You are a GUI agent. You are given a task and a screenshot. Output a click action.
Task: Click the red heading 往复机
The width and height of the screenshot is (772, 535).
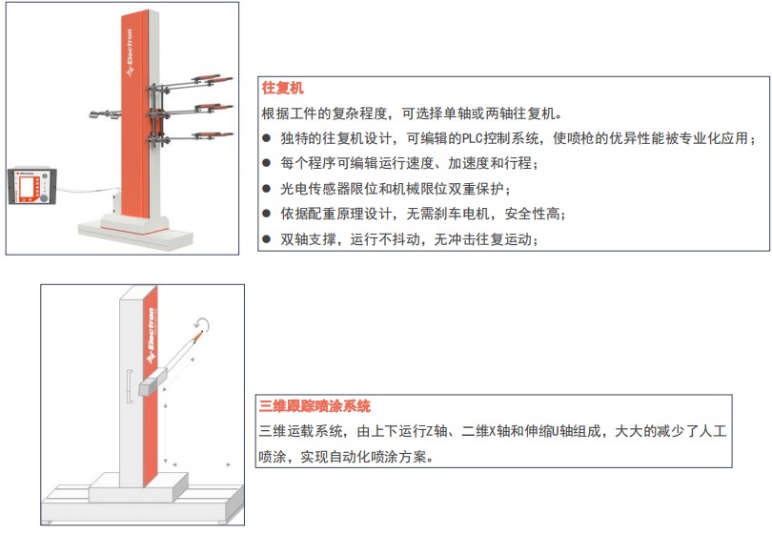point(282,88)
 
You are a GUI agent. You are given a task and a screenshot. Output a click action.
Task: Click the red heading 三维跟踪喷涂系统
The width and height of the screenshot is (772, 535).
point(315,406)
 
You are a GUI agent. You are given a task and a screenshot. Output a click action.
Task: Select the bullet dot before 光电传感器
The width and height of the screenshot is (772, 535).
point(266,188)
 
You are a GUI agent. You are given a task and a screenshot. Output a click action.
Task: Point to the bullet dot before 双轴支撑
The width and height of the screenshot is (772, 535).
point(266,239)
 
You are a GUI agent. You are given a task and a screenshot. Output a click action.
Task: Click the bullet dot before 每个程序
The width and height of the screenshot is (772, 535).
point(266,162)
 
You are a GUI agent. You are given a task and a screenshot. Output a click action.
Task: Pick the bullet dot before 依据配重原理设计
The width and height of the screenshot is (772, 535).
point(266,214)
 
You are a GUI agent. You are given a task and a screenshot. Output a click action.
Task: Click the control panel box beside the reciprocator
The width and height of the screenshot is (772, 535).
point(32,186)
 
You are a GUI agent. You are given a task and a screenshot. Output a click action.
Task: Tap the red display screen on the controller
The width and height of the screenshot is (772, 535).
point(26,187)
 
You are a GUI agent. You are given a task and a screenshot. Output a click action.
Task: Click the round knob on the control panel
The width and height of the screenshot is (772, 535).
point(44,197)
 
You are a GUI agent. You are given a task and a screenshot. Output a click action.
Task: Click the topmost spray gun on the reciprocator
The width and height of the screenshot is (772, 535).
point(213,79)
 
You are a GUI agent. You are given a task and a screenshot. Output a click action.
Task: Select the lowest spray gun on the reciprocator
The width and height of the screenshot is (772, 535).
point(213,135)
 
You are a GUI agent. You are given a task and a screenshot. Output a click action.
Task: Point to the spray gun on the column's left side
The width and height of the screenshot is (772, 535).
point(105,114)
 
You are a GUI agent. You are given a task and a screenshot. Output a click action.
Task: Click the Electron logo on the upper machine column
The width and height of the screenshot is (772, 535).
point(130,52)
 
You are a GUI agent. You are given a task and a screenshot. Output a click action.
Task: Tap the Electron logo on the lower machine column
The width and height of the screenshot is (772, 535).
point(151,336)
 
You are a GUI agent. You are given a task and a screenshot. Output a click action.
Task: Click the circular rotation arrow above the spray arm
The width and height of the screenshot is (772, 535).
point(202,324)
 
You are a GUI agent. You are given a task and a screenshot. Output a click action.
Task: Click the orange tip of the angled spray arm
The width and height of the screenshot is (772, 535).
point(198,336)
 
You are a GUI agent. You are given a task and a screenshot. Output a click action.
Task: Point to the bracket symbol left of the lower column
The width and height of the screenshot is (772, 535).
point(130,386)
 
